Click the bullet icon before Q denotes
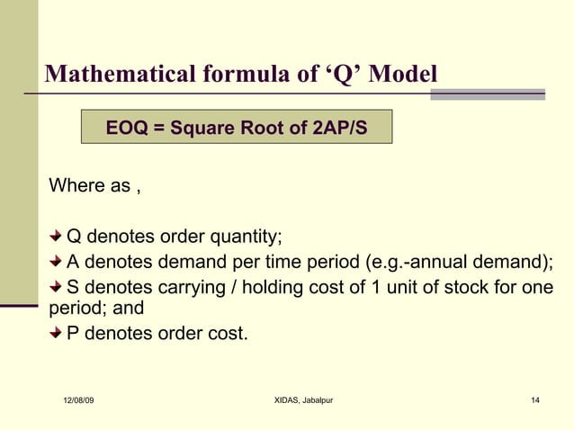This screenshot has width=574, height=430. tap(57, 237)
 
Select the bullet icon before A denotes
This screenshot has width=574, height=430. tap(57, 262)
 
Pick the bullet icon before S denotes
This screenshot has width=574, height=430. tap(57, 287)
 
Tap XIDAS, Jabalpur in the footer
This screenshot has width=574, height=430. tap(303, 399)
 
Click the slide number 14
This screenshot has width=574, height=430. tap(535, 399)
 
